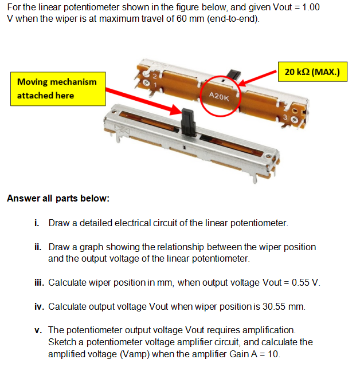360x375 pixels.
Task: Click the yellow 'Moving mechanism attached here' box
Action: (57, 89)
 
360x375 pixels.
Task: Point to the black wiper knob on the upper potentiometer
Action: (234, 75)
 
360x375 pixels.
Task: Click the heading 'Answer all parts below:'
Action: (58, 199)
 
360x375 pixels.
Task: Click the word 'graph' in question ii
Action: (89, 247)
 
